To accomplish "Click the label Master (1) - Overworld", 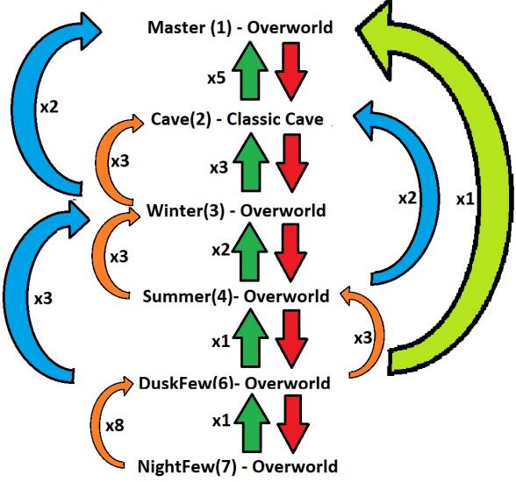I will point(241,27).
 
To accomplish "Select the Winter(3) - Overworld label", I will point(238,210).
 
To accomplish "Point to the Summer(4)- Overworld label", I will point(236,297).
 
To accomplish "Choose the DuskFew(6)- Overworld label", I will point(234,383).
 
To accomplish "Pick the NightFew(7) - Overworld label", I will point(237,465).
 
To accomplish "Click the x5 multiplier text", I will point(218,77).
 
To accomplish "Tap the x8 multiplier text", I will point(115,426).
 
